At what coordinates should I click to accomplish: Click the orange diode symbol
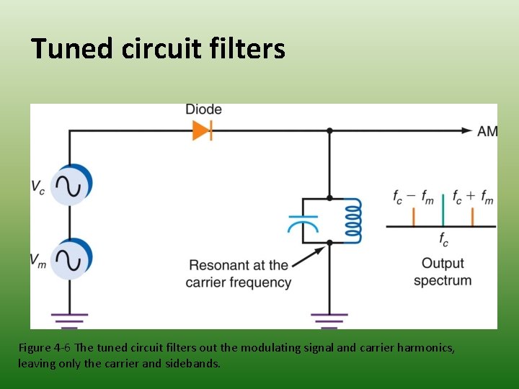pos(203,130)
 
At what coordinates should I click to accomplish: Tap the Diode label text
pos(203,109)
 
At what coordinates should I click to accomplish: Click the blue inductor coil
pos(353,220)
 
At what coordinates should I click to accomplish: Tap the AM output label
pos(487,131)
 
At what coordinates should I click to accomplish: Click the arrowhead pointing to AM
pos(467,130)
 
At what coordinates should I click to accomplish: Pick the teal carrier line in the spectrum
pos(443,215)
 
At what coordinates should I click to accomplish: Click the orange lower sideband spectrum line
pos(414,217)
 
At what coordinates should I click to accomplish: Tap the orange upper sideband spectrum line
pos(472,217)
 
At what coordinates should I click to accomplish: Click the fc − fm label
pos(413,197)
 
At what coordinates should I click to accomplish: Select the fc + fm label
pos(473,197)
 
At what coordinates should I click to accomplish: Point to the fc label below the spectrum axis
pos(443,239)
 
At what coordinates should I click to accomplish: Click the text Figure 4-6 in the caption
pos(45,348)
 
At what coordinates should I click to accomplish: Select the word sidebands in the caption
pos(192,363)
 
